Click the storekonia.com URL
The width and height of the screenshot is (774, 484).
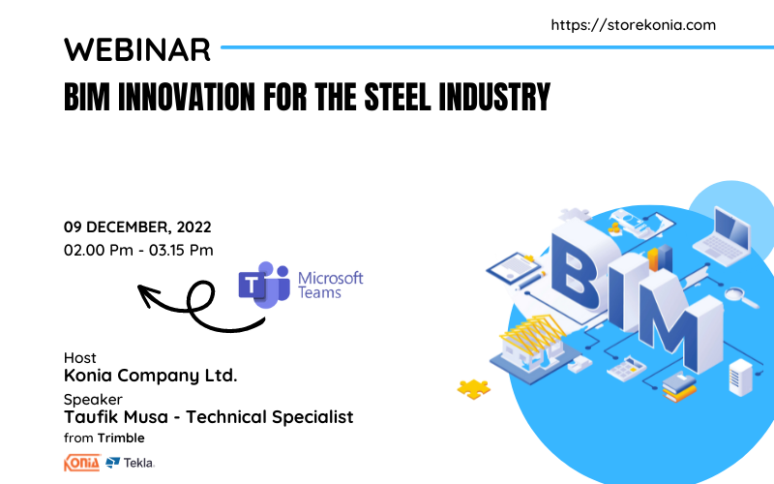click(x=634, y=25)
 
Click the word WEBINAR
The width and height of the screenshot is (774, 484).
click(x=137, y=49)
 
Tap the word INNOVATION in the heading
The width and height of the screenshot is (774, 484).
click(x=186, y=97)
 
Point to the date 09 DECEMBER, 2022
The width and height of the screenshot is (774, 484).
click(x=137, y=227)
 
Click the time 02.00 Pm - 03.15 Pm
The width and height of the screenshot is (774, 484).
click(x=138, y=250)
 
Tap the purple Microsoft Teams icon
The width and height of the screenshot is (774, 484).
click(x=264, y=285)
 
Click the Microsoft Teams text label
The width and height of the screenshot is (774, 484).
click(x=330, y=285)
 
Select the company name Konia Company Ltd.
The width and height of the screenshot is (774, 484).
click(x=151, y=376)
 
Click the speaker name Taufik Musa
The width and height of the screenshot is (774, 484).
click(x=116, y=417)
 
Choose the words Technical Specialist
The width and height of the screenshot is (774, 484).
click(x=270, y=417)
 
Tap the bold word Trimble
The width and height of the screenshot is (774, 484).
click(x=121, y=439)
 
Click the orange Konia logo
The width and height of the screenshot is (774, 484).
click(x=82, y=463)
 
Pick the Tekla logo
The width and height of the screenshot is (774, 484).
click(x=131, y=463)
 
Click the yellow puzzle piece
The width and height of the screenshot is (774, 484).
click(x=473, y=389)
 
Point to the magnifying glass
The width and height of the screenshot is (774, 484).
click(x=741, y=297)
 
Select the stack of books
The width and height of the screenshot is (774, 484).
click(x=679, y=386)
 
